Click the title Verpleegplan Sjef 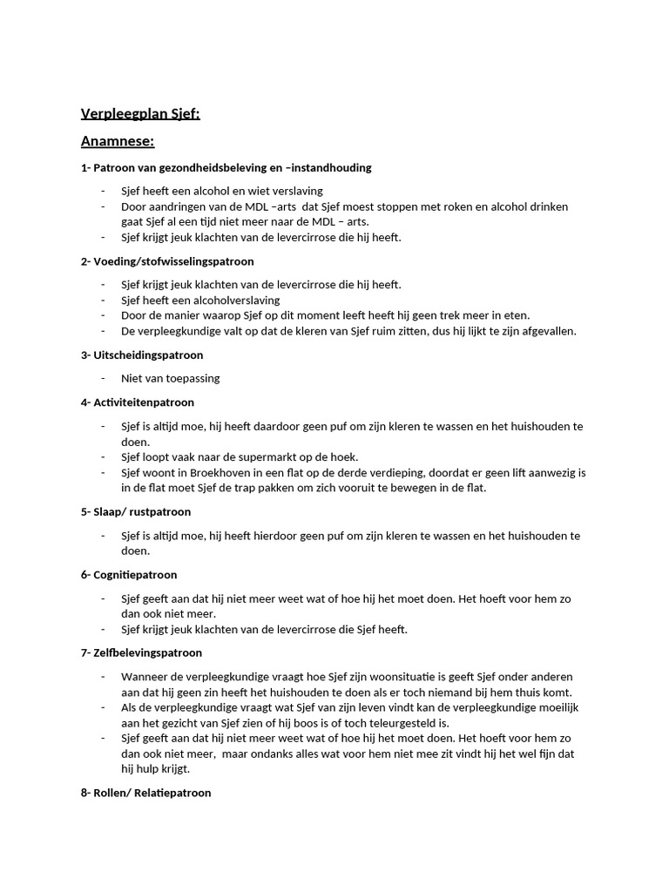140,113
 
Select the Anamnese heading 118,140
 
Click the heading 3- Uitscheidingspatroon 142,355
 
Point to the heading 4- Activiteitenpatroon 138,402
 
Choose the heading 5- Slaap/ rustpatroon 135,511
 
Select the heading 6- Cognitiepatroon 129,575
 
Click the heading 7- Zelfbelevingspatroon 141,652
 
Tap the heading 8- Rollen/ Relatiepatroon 145,793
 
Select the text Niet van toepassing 171,378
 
